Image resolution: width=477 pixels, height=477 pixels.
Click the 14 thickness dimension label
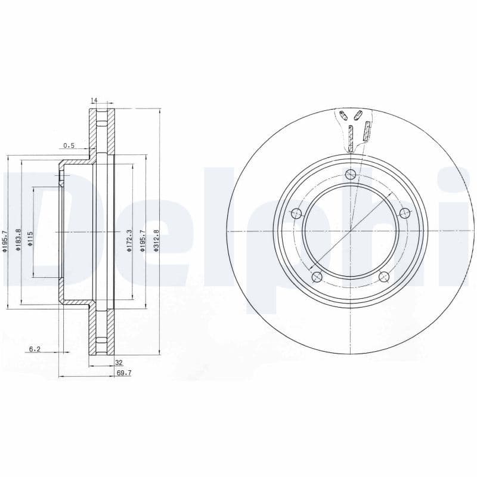[94, 100]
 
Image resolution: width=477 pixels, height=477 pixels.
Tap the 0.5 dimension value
[69, 145]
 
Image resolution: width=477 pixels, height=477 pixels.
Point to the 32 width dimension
[119, 362]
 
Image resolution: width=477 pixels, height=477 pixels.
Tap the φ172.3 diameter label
[129, 240]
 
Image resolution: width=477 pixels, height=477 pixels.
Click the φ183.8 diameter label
[18, 240]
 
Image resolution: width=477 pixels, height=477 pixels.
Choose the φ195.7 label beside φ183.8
[4, 241]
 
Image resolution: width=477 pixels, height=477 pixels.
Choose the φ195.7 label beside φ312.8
[142, 240]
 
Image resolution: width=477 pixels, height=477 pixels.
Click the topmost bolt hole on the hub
[350, 174]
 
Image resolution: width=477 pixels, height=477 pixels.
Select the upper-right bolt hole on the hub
[405, 213]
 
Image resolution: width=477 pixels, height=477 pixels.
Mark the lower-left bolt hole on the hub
[317, 277]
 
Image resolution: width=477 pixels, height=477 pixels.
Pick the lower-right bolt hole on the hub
[384, 277]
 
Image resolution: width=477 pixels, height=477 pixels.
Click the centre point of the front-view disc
[350, 231]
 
